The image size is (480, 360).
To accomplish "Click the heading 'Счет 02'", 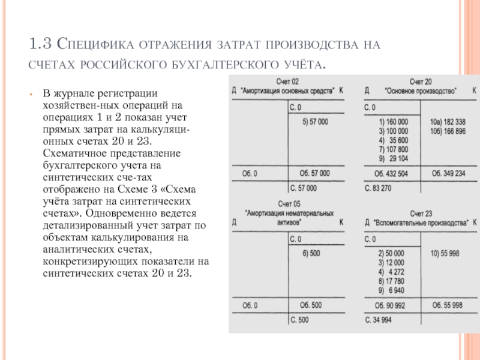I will tap(288, 81).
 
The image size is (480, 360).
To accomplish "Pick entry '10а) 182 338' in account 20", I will tap(448, 121).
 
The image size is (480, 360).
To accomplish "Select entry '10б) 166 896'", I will tap(448, 130).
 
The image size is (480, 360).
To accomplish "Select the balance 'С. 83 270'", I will tap(379, 188).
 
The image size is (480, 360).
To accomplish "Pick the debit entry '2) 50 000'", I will tap(391, 254).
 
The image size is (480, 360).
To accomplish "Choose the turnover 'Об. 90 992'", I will tap(390, 305).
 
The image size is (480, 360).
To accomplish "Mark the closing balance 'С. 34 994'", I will tap(379, 320).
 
